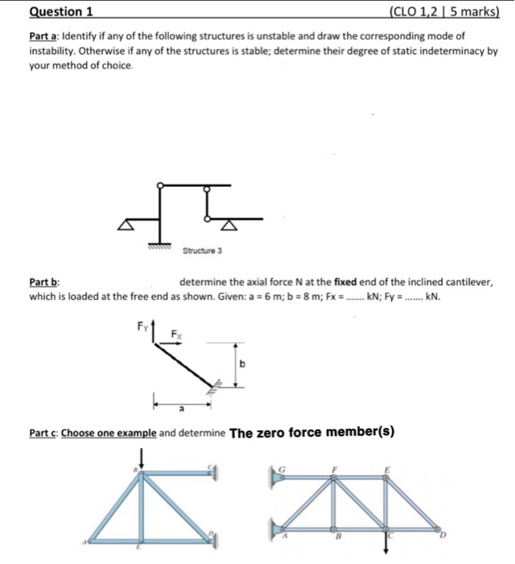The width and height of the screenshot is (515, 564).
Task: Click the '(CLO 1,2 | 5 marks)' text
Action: pos(443,11)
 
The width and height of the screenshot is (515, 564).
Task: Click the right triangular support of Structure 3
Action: pos(230,223)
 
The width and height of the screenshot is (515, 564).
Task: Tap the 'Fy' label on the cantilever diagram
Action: pos(143,326)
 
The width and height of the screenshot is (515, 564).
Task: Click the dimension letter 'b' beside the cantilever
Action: pos(242,364)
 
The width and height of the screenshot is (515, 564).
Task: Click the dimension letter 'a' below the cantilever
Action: pos(182,408)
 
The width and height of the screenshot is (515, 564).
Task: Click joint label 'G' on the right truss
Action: pos(282,467)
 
